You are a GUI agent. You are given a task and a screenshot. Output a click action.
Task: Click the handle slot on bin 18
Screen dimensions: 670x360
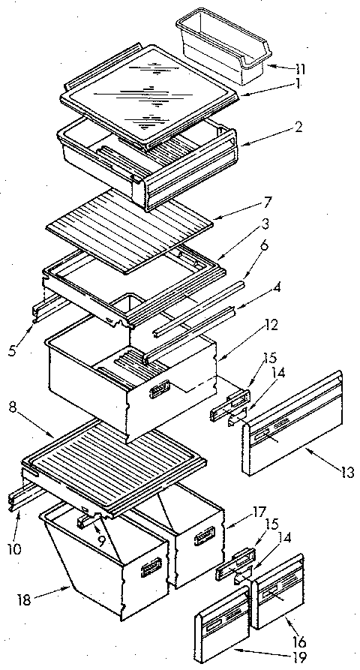tap(153, 567)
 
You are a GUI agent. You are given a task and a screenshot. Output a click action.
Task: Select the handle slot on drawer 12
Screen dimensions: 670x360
tap(160, 388)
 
